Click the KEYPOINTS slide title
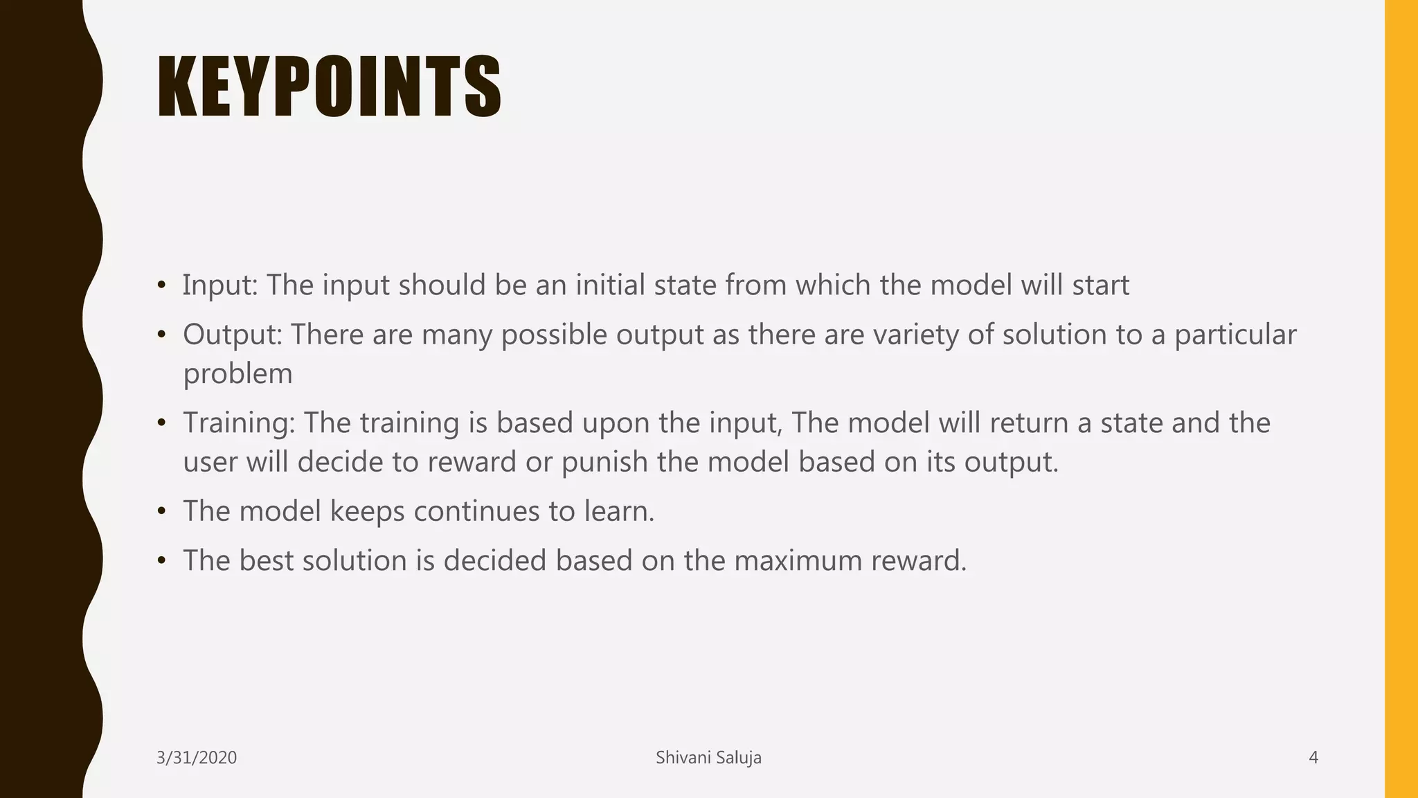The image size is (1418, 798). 330,87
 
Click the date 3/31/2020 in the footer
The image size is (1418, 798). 197,758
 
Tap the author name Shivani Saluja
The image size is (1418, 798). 708,758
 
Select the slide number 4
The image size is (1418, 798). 1313,758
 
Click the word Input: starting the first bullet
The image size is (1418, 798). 220,285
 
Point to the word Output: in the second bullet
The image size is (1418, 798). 232,335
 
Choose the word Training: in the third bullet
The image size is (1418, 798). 239,423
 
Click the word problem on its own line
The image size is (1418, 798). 237,375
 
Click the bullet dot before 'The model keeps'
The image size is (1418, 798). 161,511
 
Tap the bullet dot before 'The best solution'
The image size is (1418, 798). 161,560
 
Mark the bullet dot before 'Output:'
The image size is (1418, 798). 161,335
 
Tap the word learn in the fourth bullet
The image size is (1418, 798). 617,511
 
